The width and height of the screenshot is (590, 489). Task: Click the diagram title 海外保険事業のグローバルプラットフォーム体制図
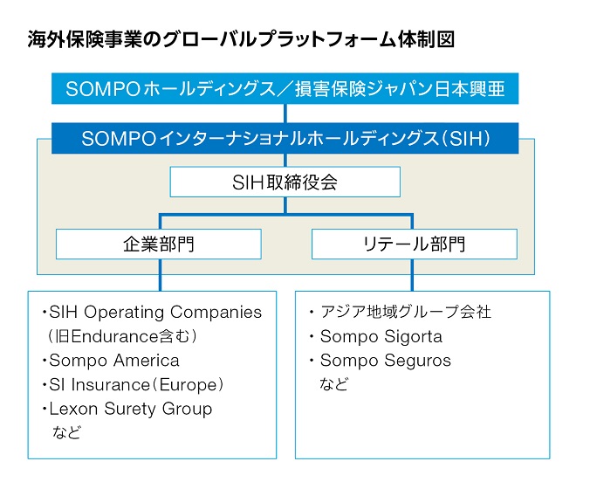pyautogui.click(x=241, y=39)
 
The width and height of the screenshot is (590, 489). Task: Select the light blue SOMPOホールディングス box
pyautogui.click(x=285, y=88)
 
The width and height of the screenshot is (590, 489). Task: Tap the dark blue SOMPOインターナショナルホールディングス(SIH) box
pyautogui.click(x=285, y=138)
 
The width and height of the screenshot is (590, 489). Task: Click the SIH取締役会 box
pyautogui.click(x=285, y=182)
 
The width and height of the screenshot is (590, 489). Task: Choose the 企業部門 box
pyautogui.click(x=159, y=244)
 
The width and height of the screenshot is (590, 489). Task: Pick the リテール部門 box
pyautogui.click(x=415, y=244)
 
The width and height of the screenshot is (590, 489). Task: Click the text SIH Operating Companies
pyautogui.click(x=155, y=312)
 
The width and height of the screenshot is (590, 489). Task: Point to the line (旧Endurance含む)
pyautogui.click(x=122, y=336)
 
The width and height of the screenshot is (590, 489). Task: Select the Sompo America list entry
pyautogui.click(x=114, y=361)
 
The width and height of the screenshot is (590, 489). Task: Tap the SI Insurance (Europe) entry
pyautogui.click(x=136, y=385)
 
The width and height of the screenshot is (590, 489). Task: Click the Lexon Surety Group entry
pyautogui.click(x=131, y=409)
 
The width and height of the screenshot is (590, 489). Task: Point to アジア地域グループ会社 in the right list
pyautogui.click(x=406, y=312)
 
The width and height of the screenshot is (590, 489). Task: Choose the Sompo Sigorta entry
pyautogui.click(x=381, y=336)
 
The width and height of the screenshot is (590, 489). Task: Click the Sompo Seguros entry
pyautogui.click(x=385, y=361)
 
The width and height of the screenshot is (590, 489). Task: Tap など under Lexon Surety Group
pyautogui.click(x=67, y=432)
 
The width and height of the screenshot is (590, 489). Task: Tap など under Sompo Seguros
pyautogui.click(x=333, y=384)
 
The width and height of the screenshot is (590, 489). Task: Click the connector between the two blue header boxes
pyautogui.click(x=285, y=114)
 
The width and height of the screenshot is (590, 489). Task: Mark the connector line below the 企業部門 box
pyautogui.click(x=161, y=275)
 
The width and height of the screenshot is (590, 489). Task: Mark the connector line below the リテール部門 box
pyautogui.click(x=413, y=275)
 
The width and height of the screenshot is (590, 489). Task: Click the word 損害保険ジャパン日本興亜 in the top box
pyautogui.click(x=400, y=89)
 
